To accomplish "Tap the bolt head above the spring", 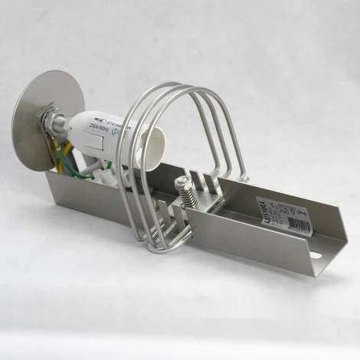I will point(183,182).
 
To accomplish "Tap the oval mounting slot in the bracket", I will point(317,253).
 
